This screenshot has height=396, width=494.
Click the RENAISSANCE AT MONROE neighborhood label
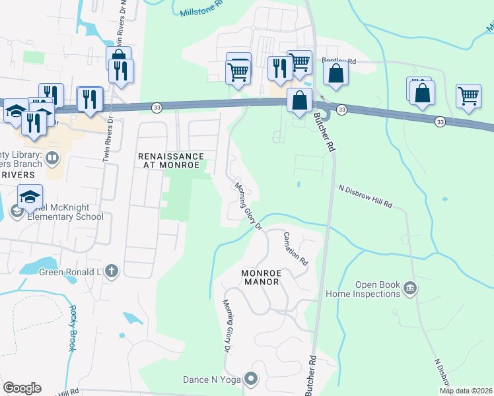point(171,160)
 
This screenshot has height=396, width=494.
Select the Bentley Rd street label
point(339,61)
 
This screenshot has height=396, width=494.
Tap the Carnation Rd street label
point(296,248)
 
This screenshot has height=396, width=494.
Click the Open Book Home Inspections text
point(378,289)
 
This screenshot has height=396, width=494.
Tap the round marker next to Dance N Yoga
point(250,378)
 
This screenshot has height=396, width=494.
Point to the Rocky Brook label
point(73,328)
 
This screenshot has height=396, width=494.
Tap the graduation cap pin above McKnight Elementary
point(30,197)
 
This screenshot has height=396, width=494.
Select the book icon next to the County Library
point(53,158)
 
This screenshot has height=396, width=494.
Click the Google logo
point(22,388)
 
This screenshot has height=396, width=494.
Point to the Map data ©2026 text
point(466,391)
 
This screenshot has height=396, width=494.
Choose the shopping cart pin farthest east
point(468,96)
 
